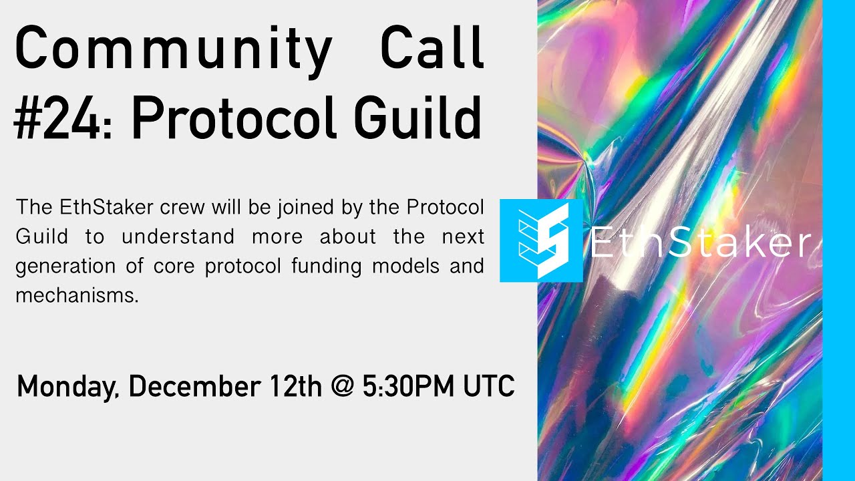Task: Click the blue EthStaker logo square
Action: coord(541,240)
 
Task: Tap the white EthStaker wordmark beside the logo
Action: coord(700,244)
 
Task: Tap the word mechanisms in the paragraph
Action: coord(77,295)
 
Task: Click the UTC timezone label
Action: coord(490,387)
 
